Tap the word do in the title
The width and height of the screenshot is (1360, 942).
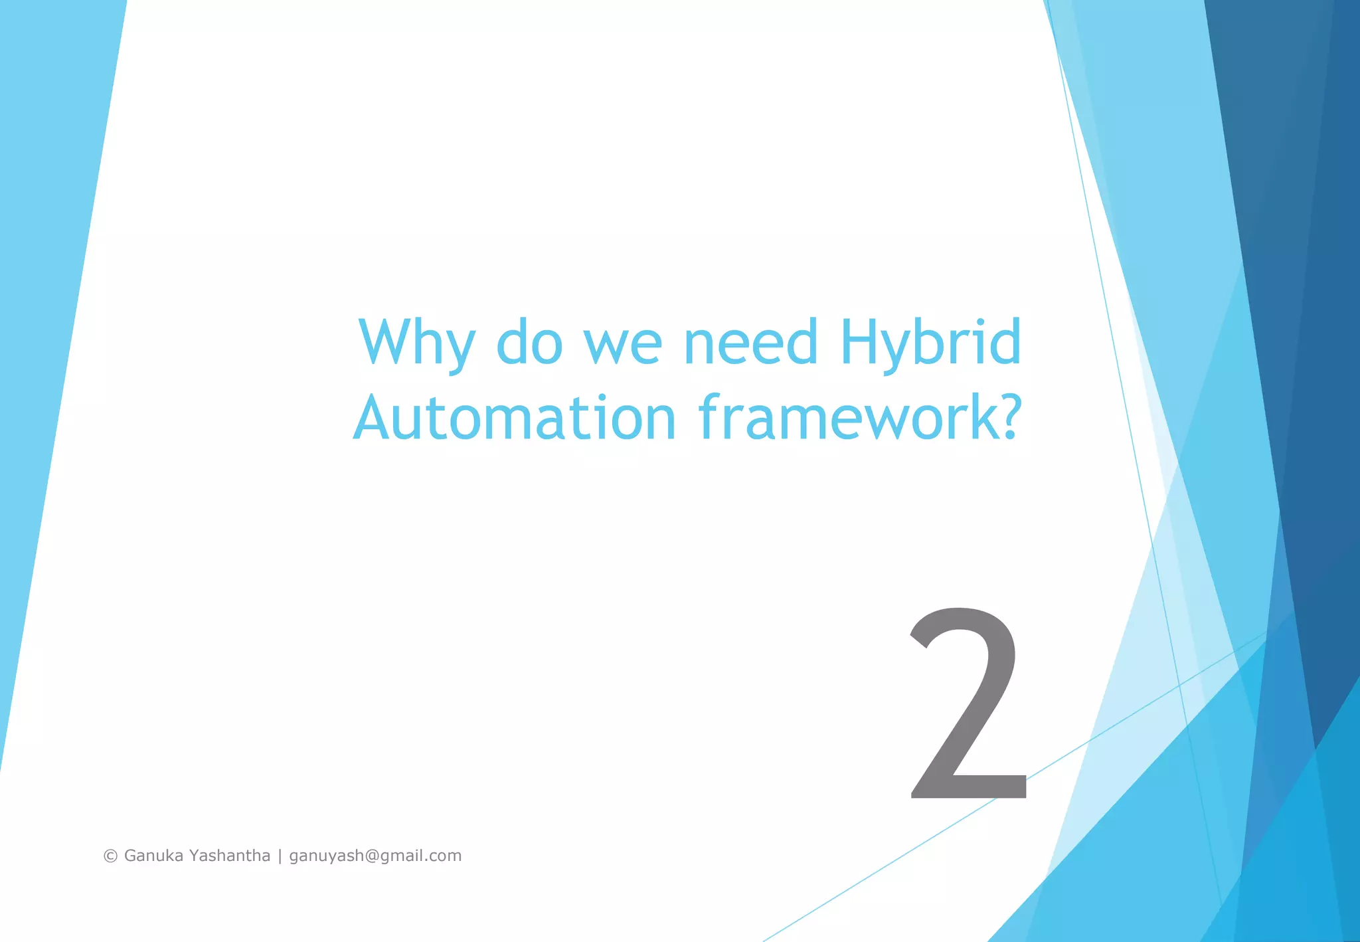pyautogui.click(x=529, y=343)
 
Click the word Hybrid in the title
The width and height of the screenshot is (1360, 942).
pyautogui.click(x=930, y=343)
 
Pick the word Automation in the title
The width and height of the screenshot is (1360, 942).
pyautogui.click(x=514, y=419)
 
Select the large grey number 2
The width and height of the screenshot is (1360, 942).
pyautogui.click(x=967, y=704)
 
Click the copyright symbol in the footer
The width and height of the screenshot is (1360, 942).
pyautogui.click(x=110, y=856)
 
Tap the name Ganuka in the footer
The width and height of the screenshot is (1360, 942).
pyautogui.click(x=153, y=856)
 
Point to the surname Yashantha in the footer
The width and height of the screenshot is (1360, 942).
pyautogui.click(x=230, y=856)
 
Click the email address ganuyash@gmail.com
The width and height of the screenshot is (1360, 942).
pyautogui.click(x=375, y=856)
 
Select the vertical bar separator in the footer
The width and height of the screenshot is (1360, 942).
pyautogui.click(x=280, y=856)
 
